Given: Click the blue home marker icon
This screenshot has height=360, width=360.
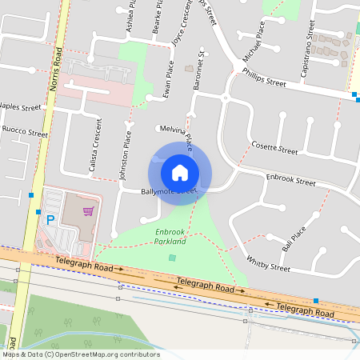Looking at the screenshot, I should pyautogui.click(x=179, y=172).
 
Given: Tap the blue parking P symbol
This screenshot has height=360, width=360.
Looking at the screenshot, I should pyautogui.click(x=50, y=219).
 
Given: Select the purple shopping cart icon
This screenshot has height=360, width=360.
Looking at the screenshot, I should pyautogui.click(x=88, y=211).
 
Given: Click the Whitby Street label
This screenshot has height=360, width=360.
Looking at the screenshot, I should pyautogui.click(x=268, y=262).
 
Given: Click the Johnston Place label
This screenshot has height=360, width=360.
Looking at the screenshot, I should pyautogui.click(x=125, y=155).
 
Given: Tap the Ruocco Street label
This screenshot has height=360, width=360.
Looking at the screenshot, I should pyautogui.click(x=24, y=131).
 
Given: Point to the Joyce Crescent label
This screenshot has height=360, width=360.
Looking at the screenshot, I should pyautogui.click(x=182, y=26).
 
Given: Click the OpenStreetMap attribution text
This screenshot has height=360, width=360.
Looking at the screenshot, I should pyautogui.click(x=80, y=354).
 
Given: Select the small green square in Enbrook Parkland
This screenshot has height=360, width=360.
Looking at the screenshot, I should pyautogui.click(x=172, y=258).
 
